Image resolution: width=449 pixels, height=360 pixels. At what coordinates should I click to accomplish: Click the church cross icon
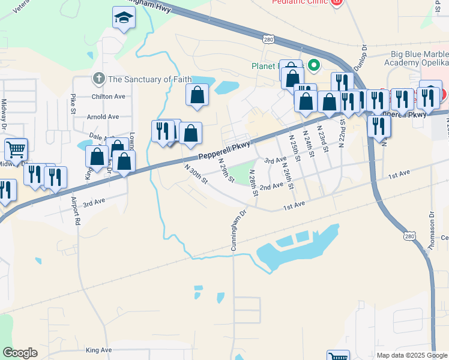click(x=98, y=79)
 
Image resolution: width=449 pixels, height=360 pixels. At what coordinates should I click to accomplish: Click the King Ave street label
click(x=99, y=350)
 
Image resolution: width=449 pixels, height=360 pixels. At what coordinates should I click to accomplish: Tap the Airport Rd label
click(x=76, y=211)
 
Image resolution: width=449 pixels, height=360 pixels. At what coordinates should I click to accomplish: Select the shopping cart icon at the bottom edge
click(x=338, y=356)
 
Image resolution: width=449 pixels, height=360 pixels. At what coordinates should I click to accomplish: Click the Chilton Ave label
click(x=108, y=96)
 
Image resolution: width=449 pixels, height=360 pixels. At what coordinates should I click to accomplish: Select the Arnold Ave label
click(x=103, y=117)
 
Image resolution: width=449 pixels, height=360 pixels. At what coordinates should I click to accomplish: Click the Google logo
click(x=20, y=353)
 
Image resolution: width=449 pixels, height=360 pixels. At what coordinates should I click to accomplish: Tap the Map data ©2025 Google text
click(x=411, y=355)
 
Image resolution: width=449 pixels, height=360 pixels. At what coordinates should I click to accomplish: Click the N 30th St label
click(x=196, y=174)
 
